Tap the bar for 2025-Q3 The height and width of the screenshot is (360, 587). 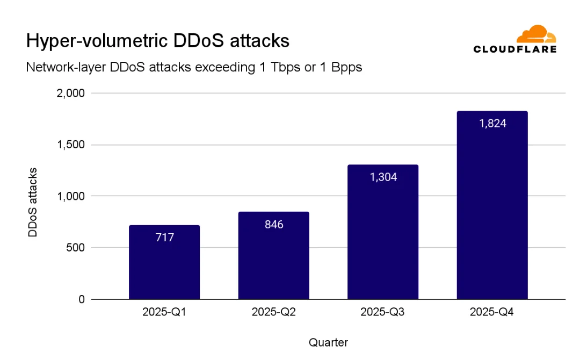point(383,236)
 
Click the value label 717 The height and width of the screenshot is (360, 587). point(164,237)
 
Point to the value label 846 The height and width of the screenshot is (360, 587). point(274,224)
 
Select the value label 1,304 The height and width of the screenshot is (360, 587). point(383,177)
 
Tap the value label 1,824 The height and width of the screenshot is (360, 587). point(492,123)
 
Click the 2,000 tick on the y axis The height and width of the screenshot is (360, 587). point(71,93)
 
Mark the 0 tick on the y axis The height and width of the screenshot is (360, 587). point(82,299)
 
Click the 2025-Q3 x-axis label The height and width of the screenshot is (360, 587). point(383,312)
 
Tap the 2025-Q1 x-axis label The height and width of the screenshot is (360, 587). point(164,312)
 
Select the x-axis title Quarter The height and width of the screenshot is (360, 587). point(328,342)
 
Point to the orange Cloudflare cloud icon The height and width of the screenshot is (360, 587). point(535,34)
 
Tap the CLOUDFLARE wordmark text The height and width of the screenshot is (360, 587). point(514,49)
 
